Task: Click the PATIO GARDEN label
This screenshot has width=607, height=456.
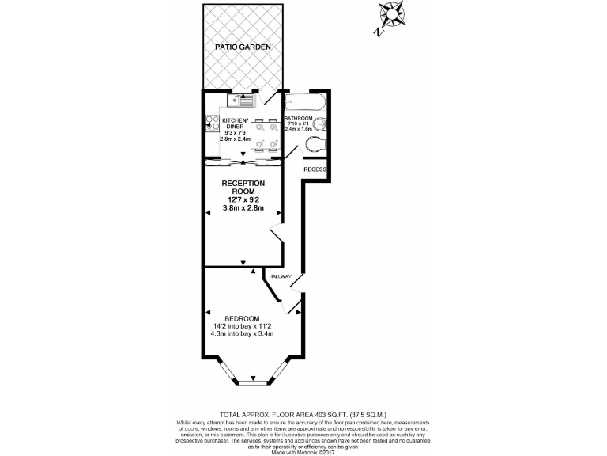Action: (243, 47)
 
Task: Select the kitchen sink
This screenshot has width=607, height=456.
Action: (240, 100)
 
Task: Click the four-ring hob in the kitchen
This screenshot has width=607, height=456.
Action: (212, 122)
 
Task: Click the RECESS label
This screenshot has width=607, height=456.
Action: (315, 169)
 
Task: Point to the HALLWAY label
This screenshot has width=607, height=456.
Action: (281, 276)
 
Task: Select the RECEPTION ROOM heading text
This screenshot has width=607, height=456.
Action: (243, 188)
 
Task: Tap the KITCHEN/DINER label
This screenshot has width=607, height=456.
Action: (235, 123)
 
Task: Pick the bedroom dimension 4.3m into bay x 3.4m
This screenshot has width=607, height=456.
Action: (242, 333)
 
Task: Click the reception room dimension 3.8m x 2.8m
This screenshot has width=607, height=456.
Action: (243, 209)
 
